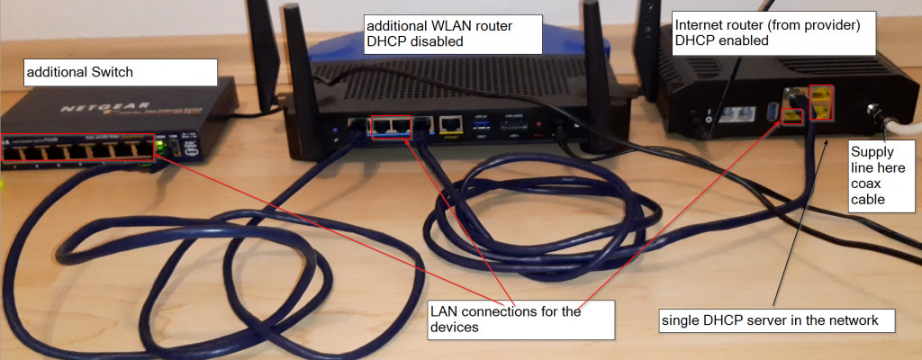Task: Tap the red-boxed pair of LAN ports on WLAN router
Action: [391, 127]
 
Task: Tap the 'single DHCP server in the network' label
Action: [776, 319]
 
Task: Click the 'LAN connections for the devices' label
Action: [520, 319]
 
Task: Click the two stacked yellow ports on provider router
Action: [820, 101]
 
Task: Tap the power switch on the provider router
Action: [709, 116]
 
